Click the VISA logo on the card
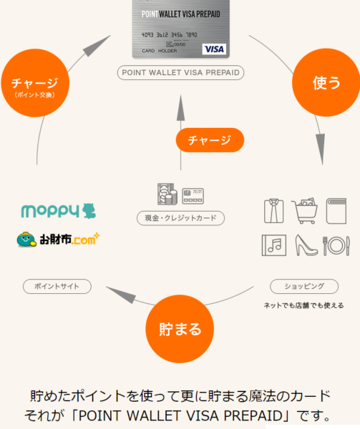[x=214, y=49]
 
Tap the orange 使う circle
[x=326, y=83]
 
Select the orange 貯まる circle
[x=180, y=329]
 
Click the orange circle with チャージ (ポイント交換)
[x=35, y=83]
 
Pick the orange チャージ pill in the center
[x=210, y=140]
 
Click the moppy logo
[x=59, y=211]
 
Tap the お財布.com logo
[x=58, y=240]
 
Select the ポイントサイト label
[x=57, y=287]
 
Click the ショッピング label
[x=304, y=287]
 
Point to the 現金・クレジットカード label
[x=180, y=218]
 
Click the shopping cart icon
[x=304, y=211]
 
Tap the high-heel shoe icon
[x=306, y=245]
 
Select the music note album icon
[x=274, y=245]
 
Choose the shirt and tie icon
[x=274, y=211]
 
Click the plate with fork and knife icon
[x=336, y=246]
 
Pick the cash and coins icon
[x=167, y=194]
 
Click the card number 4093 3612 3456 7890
[x=169, y=35]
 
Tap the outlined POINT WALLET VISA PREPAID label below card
[x=180, y=72]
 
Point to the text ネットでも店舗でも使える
[x=304, y=305]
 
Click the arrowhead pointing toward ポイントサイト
[x=121, y=295]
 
